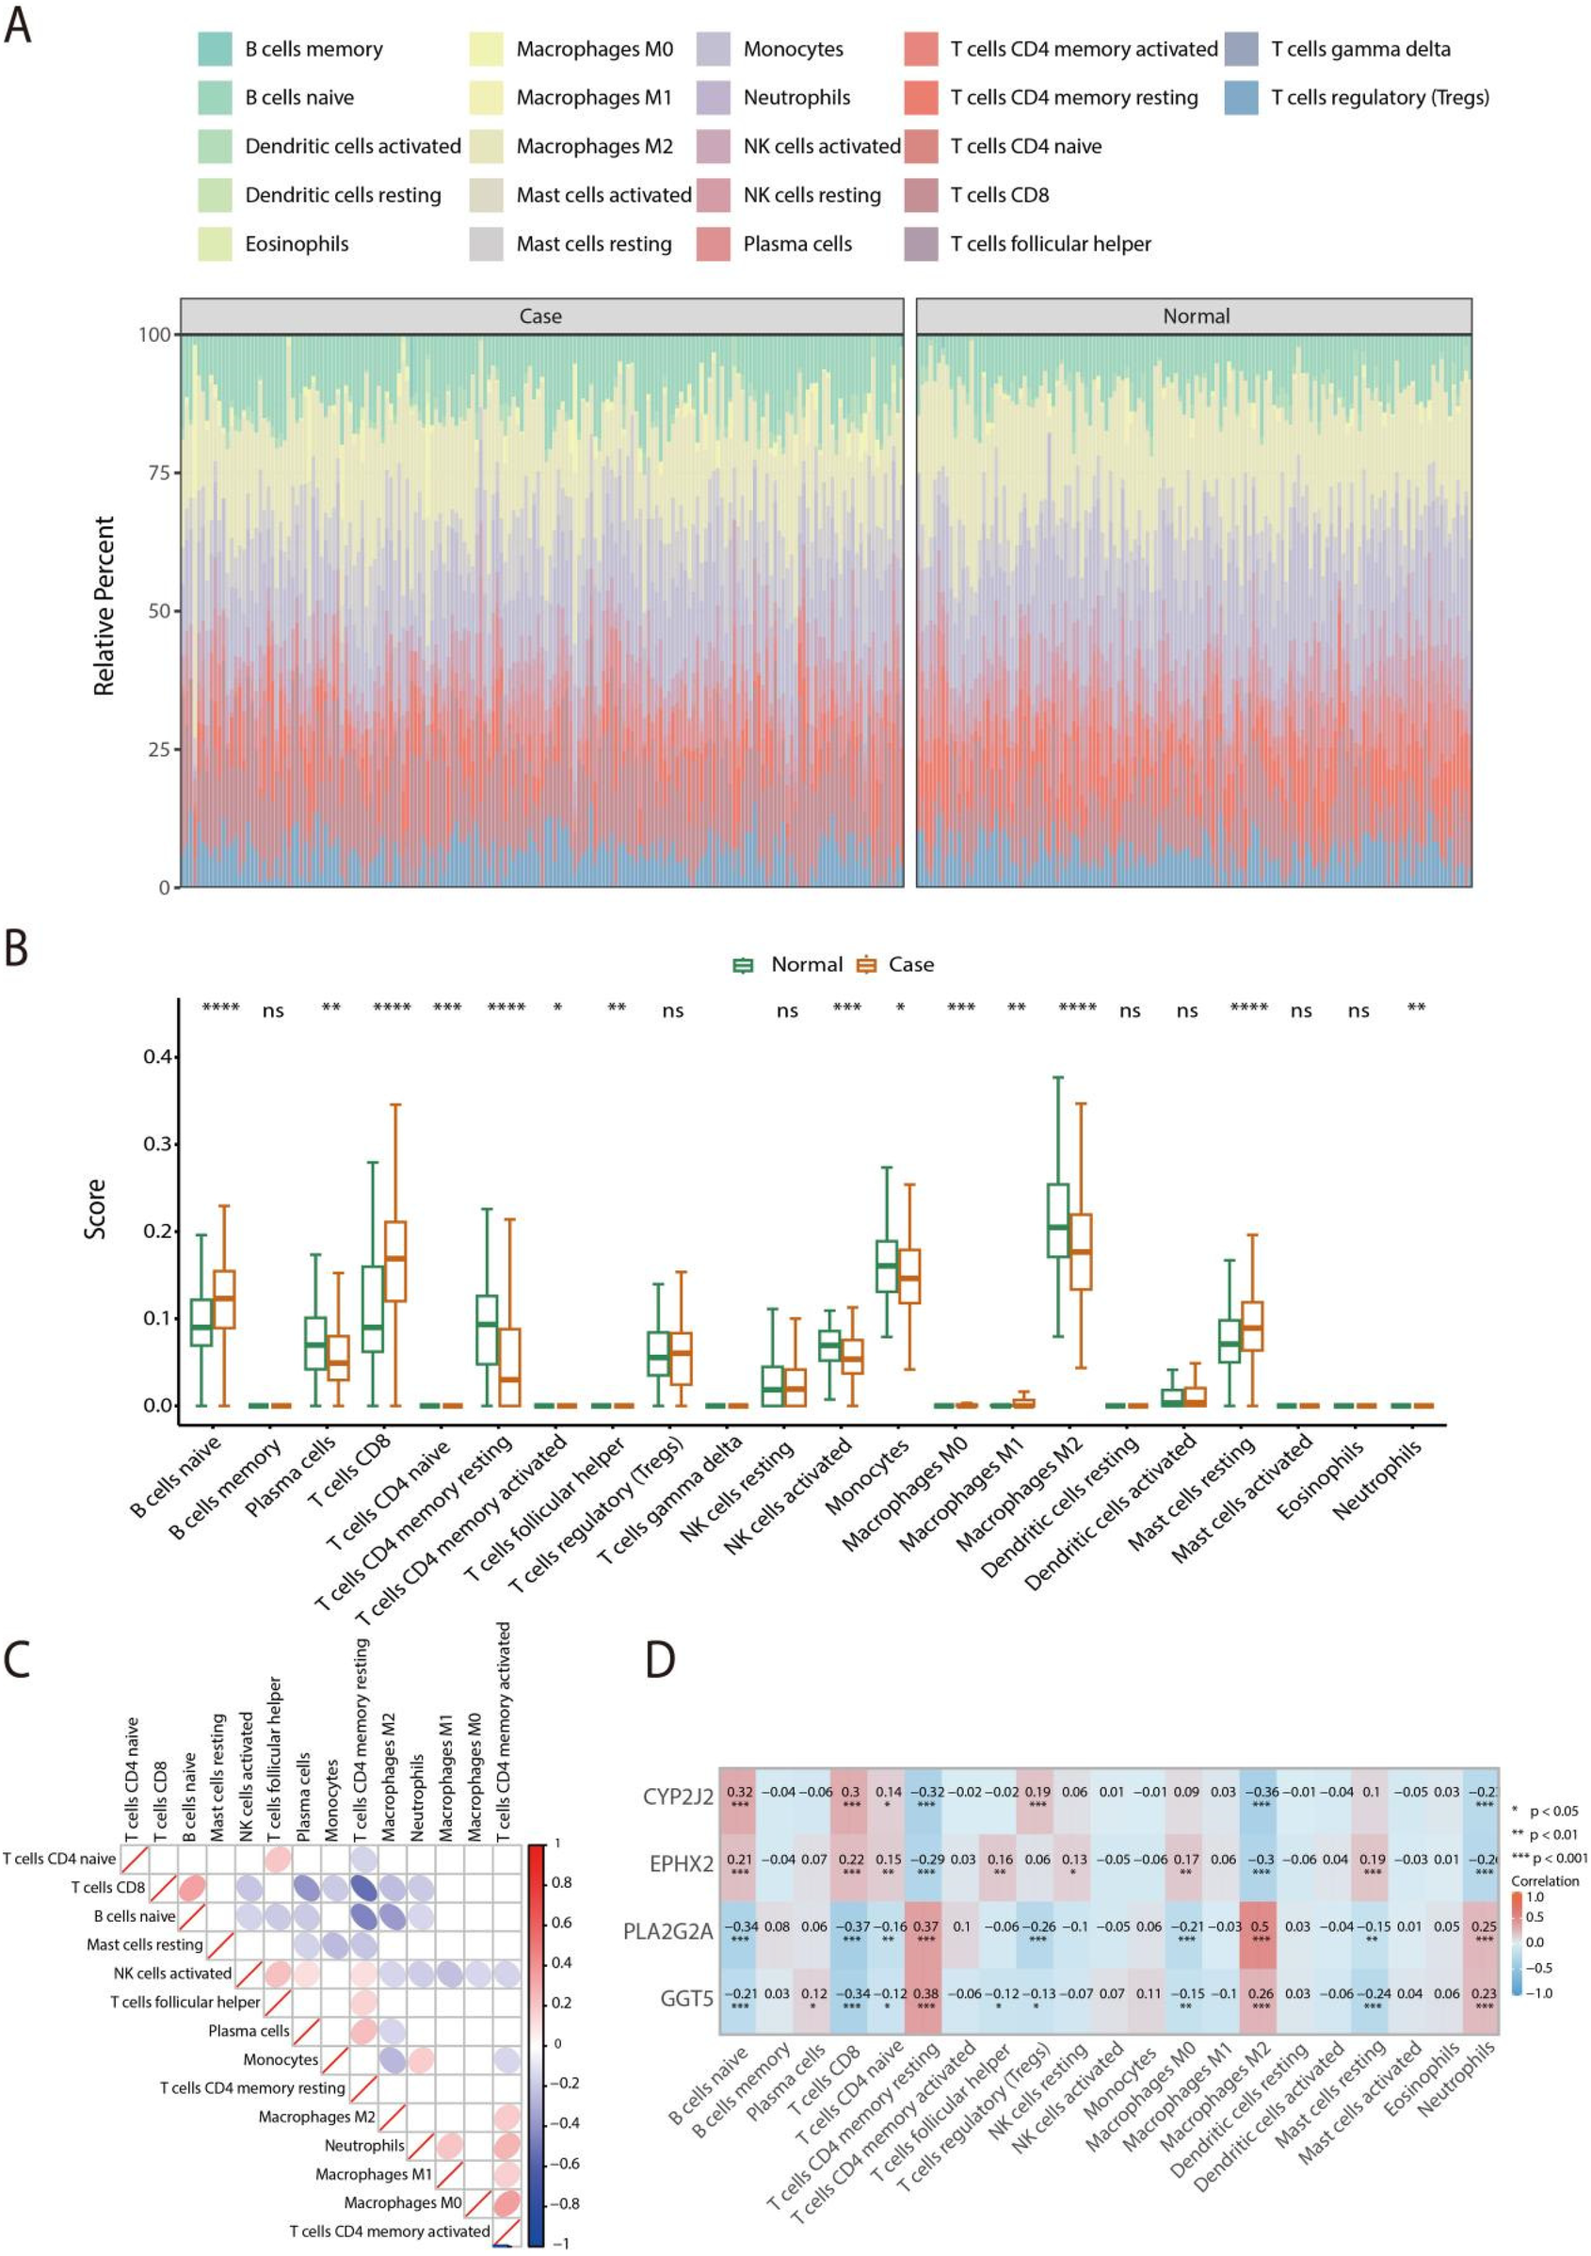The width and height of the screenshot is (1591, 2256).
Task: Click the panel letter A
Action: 18,25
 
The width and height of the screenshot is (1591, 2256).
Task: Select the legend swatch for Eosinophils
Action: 215,244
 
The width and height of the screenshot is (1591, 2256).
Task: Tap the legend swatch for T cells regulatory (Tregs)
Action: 1241,97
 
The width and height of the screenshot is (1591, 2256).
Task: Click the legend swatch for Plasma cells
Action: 714,244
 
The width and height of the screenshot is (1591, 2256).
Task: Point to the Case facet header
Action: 540,316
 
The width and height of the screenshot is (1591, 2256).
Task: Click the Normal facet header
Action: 1194,316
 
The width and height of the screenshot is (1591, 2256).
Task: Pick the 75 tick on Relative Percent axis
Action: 158,473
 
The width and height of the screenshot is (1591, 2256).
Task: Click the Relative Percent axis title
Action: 104,606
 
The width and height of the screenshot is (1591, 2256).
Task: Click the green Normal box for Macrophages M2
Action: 1057,1219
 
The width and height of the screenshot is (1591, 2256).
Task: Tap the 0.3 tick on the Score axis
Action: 157,1144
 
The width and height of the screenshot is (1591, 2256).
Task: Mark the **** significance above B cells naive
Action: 220,1008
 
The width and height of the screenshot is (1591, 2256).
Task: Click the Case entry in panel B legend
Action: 910,965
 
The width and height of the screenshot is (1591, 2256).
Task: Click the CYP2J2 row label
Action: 677,1797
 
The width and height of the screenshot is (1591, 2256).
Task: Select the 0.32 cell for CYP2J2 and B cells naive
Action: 739,1797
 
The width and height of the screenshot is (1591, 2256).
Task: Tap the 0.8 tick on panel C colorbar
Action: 561,1882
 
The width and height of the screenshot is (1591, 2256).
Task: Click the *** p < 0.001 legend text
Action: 1549,1857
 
